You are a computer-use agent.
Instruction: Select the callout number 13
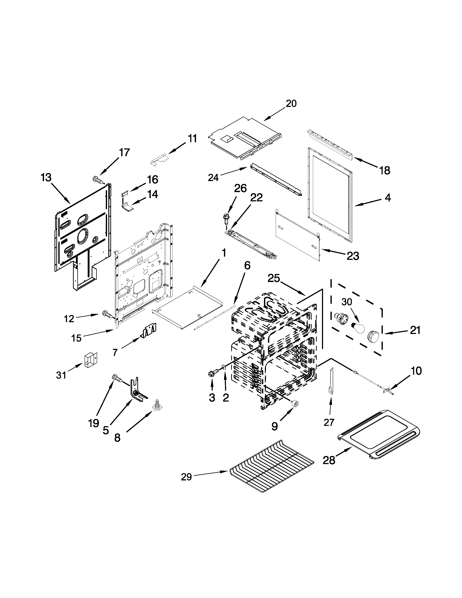(46, 178)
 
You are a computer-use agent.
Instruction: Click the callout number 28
(329, 460)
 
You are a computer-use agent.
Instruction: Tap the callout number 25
(274, 279)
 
